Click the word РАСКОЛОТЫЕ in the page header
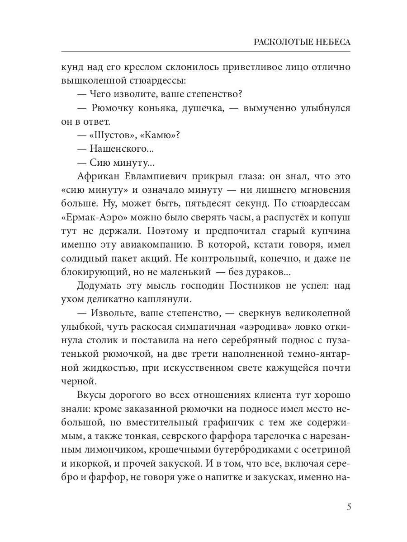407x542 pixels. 277,42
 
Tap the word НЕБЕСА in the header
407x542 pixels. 329,42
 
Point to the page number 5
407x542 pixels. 349,506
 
